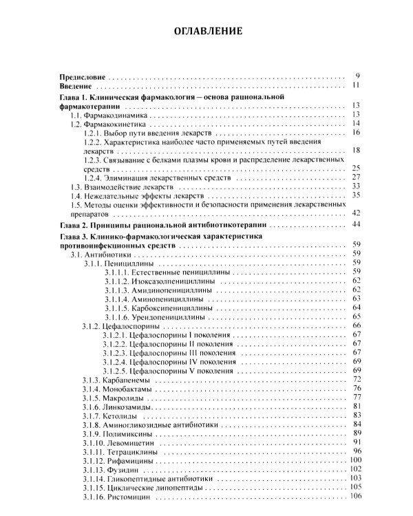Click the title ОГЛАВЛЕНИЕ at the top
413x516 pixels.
pos(206,32)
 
